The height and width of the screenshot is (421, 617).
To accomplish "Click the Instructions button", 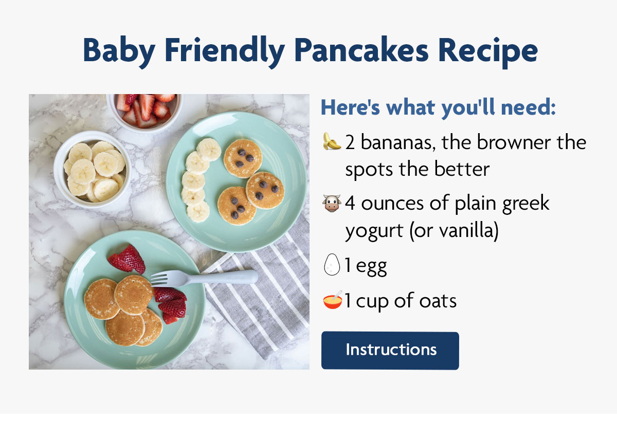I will [390, 350].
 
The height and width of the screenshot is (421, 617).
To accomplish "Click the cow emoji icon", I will [332, 204].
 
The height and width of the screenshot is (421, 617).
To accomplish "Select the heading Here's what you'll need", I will [438, 108].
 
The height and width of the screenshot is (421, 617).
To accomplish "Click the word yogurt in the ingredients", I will [374, 231].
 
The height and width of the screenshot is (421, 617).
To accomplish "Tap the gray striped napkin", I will [267, 298].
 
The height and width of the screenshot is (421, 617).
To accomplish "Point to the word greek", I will [525, 204].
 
